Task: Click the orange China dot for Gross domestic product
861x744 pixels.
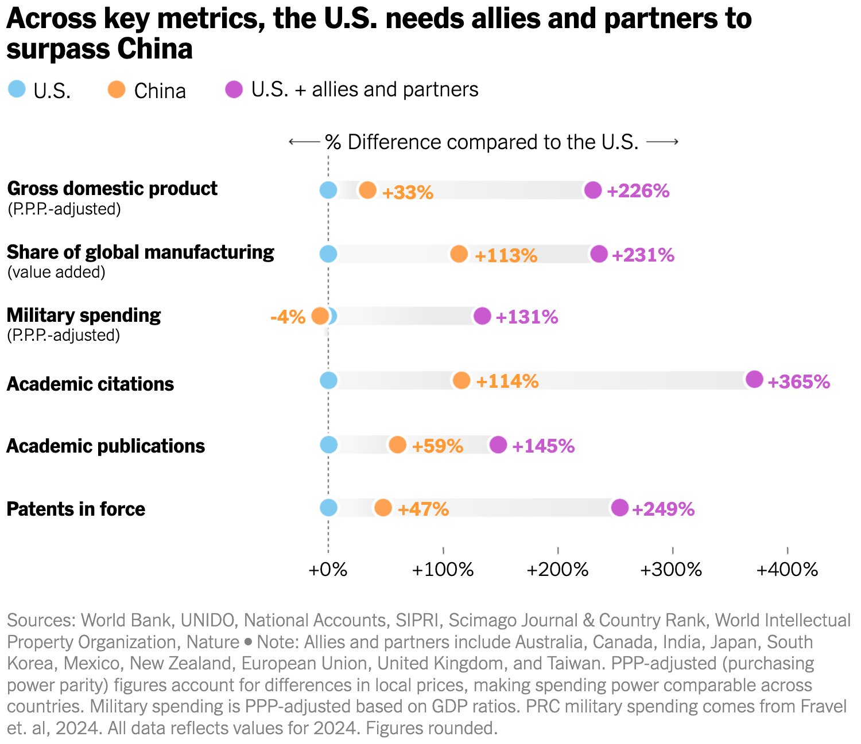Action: [x=367, y=190]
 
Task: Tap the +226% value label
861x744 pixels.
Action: [x=638, y=191]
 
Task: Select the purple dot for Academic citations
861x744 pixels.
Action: [x=754, y=379]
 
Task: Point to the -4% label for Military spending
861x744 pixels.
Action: [x=288, y=317]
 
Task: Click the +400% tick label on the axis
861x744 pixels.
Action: [x=787, y=570]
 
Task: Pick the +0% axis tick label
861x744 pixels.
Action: [x=328, y=570]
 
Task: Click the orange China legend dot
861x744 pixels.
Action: [x=117, y=89]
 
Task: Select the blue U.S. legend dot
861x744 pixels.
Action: [x=17, y=89]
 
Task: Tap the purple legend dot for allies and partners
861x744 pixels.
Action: [x=234, y=89]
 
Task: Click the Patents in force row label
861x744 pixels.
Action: [x=76, y=509]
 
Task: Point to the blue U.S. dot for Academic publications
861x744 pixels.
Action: [x=328, y=445]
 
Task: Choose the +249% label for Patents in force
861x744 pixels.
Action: [x=663, y=509]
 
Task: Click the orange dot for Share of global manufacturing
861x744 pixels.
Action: [x=459, y=254]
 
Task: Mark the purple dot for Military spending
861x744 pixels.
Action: [x=482, y=315]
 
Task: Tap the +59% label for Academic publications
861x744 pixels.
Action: [x=437, y=446]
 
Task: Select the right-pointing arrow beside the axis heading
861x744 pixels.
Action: [x=662, y=142]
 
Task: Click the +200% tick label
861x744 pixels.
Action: [x=557, y=570]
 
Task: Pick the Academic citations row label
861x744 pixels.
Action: [x=90, y=384]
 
